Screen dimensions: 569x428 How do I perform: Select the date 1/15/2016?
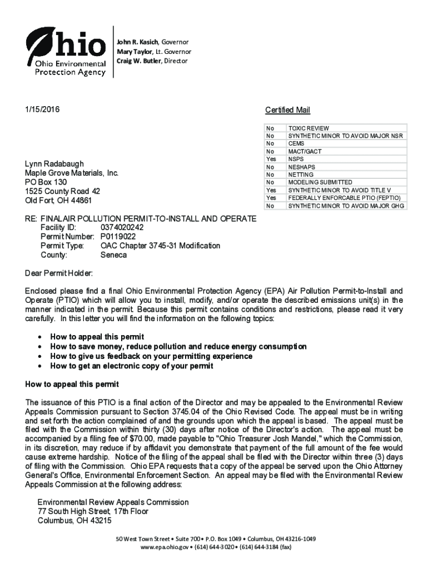(x=42, y=109)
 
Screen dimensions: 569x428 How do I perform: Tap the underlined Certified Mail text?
(x=287, y=110)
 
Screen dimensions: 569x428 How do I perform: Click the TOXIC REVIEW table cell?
(x=308, y=128)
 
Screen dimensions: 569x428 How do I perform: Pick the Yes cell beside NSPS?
(x=271, y=159)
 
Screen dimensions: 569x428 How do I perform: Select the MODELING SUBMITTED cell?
(x=320, y=182)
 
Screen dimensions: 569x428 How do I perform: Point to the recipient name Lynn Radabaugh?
(x=54, y=164)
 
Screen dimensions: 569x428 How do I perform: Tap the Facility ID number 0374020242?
(x=122, y=228)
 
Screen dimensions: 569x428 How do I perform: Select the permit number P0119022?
(x=118, y=237)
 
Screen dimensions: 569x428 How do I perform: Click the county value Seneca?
(x=113, y=255)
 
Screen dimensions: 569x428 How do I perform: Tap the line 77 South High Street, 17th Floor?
(x=93, y=511)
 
